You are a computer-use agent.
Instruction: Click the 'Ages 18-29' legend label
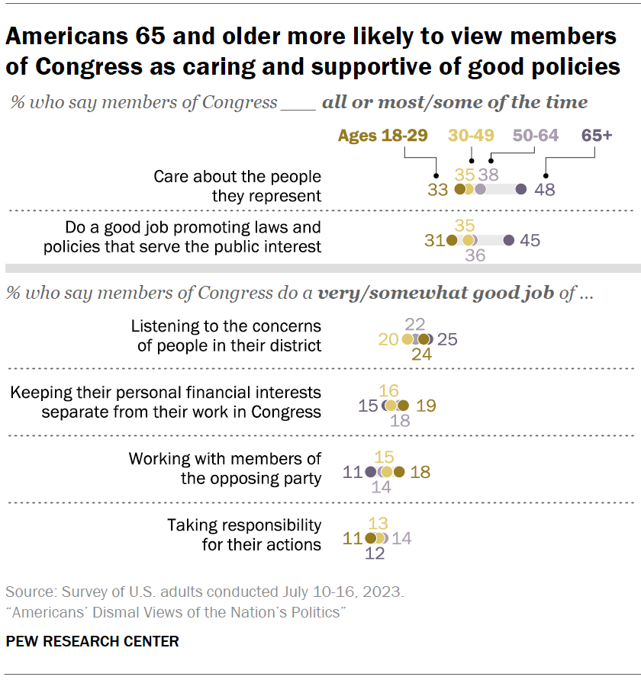[382, 136]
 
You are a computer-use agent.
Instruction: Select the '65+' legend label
[597, 136]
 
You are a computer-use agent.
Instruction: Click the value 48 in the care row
[546, 190]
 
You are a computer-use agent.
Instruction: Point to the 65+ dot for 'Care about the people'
[521, 190]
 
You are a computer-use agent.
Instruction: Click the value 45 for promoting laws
[530, 240]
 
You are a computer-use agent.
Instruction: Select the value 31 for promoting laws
[434, 240]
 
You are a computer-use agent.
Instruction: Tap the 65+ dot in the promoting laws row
[509, 240]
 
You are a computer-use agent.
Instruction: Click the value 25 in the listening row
[447, 339]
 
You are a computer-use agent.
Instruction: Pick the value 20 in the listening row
[388, 339]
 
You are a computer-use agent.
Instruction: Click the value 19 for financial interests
[426, 406]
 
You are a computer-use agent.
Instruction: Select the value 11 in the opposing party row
[353, 472]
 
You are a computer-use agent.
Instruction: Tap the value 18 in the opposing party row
[420, 472]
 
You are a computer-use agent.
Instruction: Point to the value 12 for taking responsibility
[375, 554]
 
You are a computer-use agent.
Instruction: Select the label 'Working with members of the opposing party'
[225, 469]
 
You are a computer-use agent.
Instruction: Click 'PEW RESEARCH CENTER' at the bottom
[92, 641]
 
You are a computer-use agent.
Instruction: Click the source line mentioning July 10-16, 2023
[205, 592]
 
